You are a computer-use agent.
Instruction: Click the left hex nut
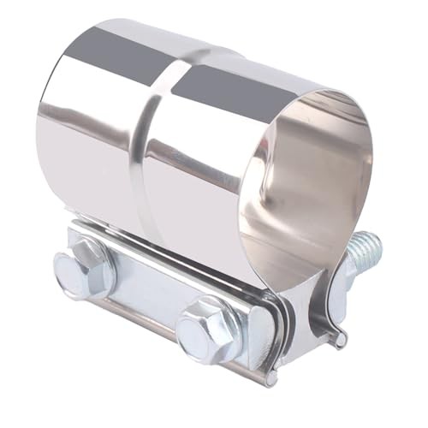coord(84,268)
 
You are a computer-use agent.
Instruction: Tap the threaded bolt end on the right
coord(366,247)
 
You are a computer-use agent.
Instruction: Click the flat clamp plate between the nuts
coord(150,295)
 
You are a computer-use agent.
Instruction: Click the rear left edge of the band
coord(43,146)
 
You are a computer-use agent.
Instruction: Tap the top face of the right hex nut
coord(207,318)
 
